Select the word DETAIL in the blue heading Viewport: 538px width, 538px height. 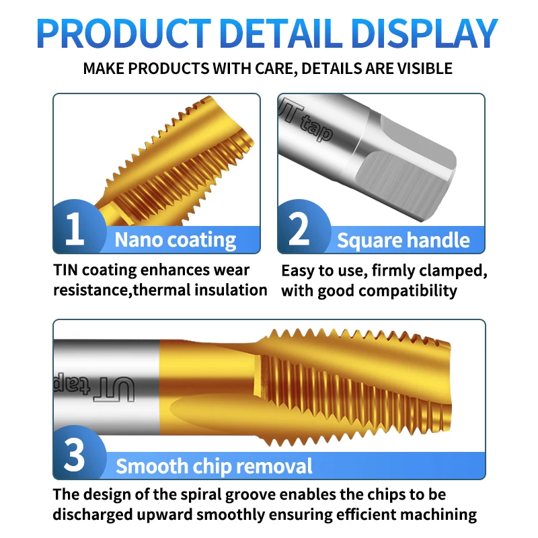tap(281, 34)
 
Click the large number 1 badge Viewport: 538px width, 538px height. tap(75, 229)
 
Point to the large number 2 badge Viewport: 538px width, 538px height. tap(299, 229)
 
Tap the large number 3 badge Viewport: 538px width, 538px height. tap(75, 455)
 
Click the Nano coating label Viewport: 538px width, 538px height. tap(175, 240)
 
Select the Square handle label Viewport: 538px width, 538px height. tap(403, 240)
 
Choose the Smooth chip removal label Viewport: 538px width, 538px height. tap(214, 466)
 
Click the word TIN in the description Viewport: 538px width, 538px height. tap(67, 270)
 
